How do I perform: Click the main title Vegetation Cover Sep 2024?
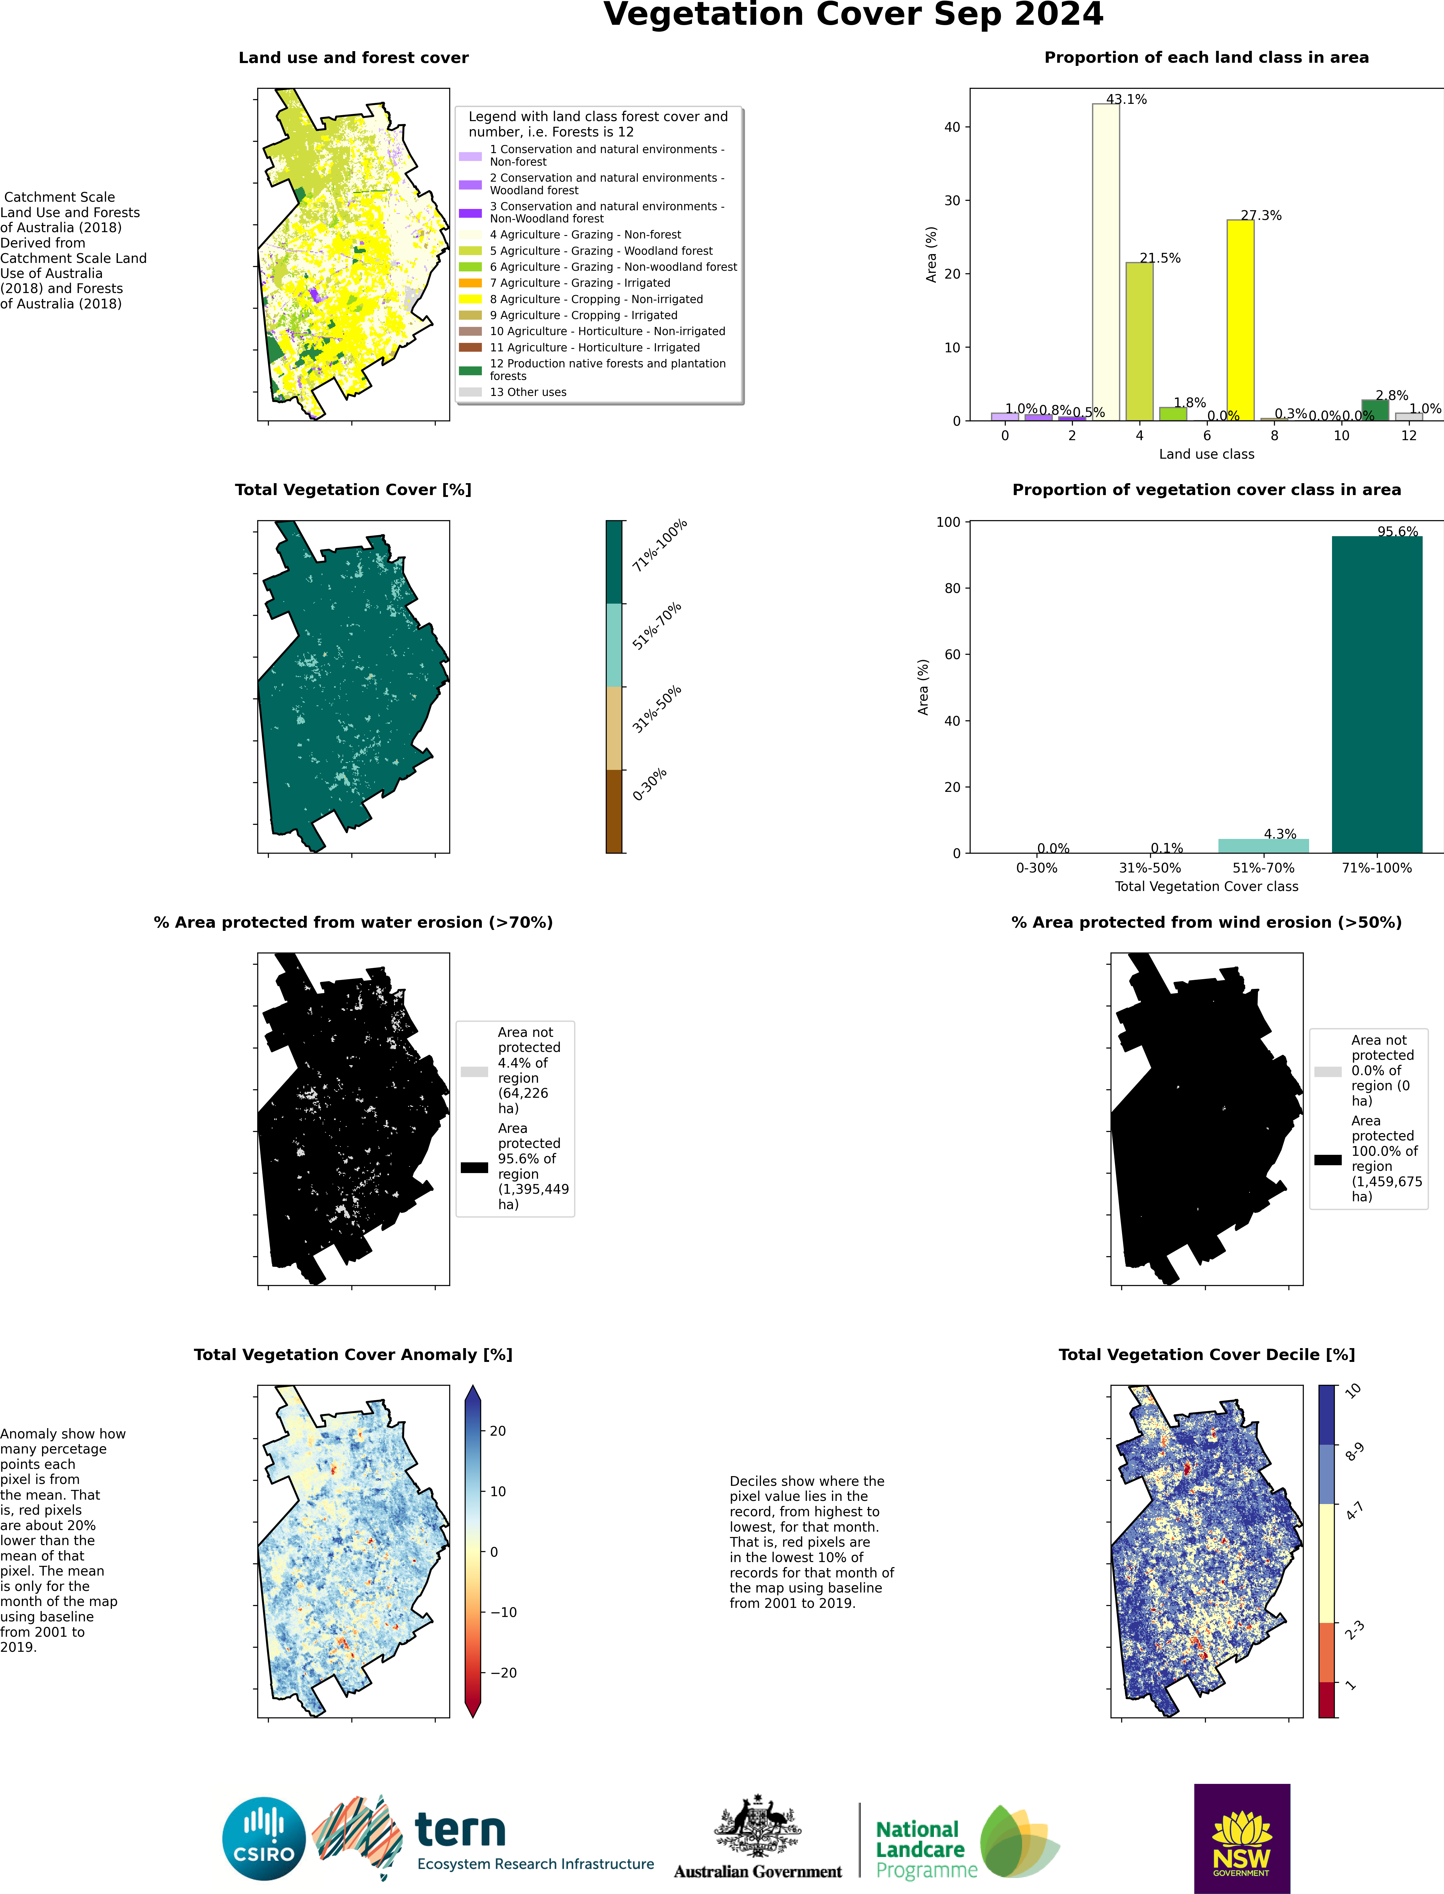pos(853,15)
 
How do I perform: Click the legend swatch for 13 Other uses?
pos(470,392)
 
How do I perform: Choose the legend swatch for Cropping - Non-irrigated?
pos(470,299)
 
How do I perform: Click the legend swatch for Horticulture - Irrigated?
pos(470,347)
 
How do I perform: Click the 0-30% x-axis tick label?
pos(1036,868)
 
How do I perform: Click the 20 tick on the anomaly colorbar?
pos(498,1431)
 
